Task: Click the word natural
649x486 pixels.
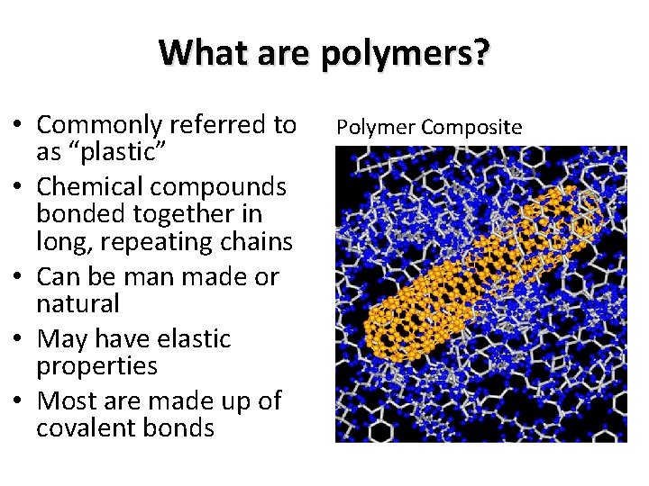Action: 78,303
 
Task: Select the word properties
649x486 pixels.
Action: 96,366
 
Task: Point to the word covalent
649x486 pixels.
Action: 88,427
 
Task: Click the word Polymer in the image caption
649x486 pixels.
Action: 370,127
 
